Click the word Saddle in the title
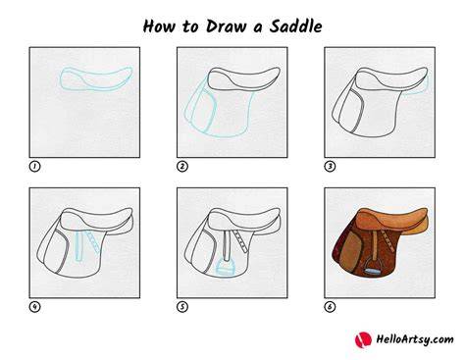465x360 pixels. [295, 26]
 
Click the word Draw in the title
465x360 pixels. [226, 26]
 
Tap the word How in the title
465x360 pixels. [159, 26]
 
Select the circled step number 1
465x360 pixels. [34, 167]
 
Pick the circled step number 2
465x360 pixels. [182, 167]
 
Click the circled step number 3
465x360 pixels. [330, 167]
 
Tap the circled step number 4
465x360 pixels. [34, 307]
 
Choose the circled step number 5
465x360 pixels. [182, 307]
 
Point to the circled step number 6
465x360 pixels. [330, 307]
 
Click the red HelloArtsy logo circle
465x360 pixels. [363, 339]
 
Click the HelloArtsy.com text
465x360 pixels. [415, 339]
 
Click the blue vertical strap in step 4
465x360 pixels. [78, 246]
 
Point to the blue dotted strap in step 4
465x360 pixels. [93, 241]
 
